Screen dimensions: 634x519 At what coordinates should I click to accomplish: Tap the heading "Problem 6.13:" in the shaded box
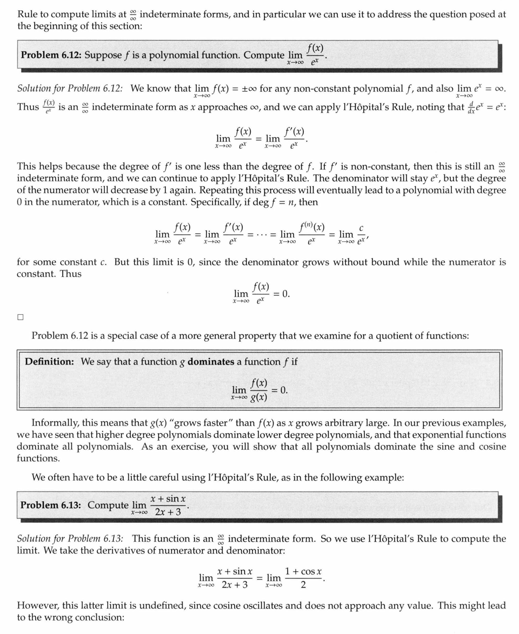51,505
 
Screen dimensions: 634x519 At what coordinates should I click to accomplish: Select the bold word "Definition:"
50,361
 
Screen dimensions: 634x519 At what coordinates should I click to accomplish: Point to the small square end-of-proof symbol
21,317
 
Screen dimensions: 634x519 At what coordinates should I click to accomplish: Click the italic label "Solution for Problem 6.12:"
70,88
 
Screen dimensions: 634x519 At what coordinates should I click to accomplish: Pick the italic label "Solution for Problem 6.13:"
70,538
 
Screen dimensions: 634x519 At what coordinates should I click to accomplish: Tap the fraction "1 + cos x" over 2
303,577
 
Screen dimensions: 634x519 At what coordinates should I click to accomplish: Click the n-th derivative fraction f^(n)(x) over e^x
311,233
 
